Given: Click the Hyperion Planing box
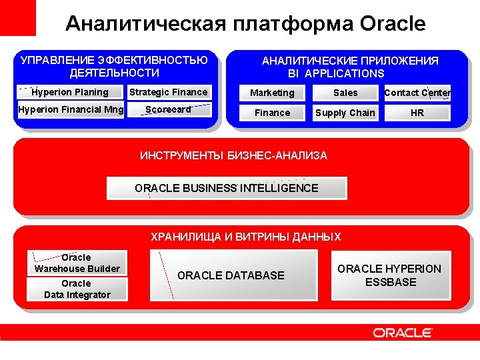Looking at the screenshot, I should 70,92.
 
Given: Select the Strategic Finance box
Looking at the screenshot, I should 169,92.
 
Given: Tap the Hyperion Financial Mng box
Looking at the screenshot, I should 70,109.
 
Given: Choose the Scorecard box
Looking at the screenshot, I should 169,109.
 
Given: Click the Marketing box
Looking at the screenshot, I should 272,93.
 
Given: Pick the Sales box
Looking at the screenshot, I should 345,93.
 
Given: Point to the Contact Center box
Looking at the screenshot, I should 417,93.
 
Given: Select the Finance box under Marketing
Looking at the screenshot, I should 272,113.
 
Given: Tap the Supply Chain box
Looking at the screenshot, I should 345,113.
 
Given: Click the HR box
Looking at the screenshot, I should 417,113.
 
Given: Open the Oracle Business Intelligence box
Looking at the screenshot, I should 227,188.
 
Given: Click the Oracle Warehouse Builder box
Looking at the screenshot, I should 77,263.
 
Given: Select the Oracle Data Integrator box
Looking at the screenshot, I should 77,289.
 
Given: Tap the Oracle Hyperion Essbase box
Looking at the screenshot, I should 390,275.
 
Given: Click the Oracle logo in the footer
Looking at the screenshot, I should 402,333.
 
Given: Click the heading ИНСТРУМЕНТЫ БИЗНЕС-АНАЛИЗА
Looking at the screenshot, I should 233,156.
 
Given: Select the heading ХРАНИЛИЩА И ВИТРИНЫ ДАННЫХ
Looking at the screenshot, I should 245,237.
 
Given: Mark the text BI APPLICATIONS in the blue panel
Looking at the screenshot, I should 336,73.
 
